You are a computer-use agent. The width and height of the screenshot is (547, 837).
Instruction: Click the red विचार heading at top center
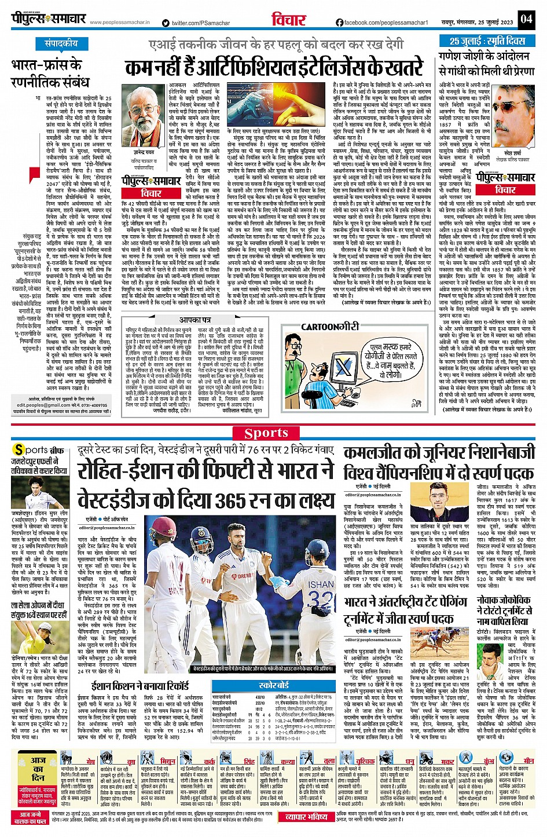288,20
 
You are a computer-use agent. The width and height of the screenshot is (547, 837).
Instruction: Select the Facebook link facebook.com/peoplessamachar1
382,23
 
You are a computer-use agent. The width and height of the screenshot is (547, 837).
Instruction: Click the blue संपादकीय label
61,43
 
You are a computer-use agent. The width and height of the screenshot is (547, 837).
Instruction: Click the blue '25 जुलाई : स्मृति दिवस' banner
487,42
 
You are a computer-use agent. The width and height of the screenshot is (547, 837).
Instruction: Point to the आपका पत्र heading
194,320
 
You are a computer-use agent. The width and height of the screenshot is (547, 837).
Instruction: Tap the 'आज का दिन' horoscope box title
38,769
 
